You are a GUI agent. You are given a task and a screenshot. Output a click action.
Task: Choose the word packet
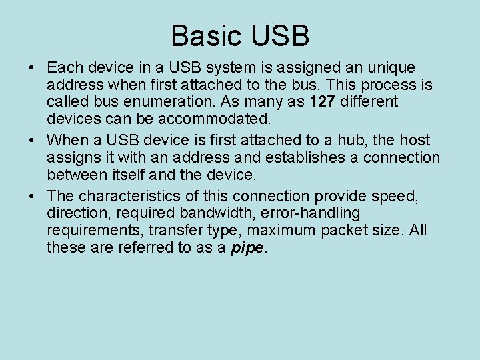click(x=344, y=231)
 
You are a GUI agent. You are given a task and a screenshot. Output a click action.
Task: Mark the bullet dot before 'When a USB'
click(x=32, y=141)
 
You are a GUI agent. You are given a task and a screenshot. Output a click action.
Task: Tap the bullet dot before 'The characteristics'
click(x=32, y=197)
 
